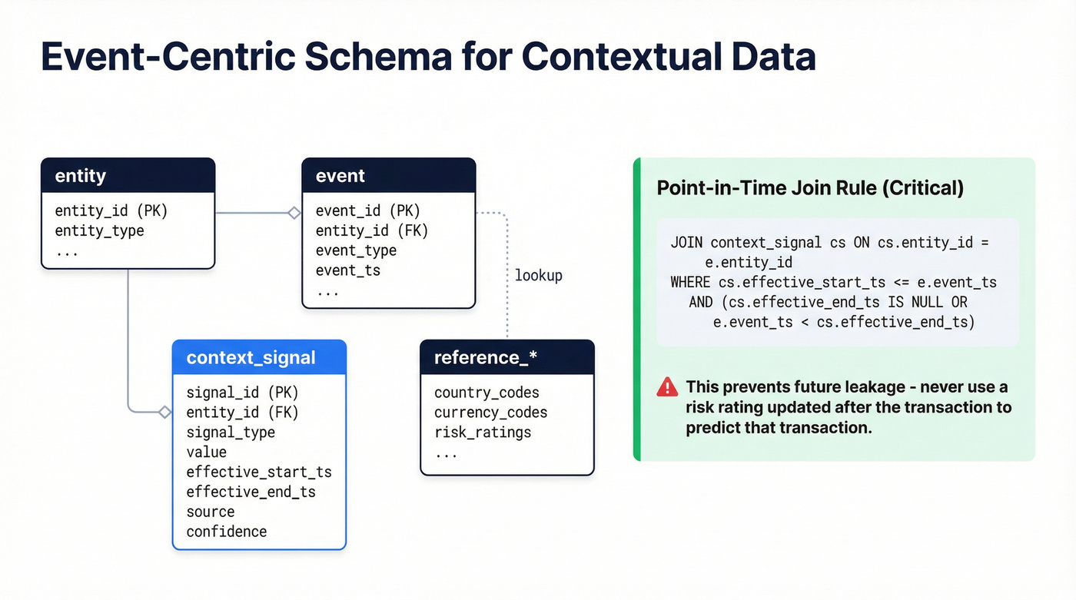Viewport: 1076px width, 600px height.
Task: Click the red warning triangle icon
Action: click(x=666, y=387)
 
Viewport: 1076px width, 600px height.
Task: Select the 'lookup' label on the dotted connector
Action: click(x=538, y=275)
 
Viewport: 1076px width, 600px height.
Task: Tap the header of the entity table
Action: click(x=128, y=176)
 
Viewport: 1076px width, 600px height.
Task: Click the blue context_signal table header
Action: click(x=259, y=358)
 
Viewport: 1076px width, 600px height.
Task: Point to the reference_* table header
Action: click(x=507, y=358)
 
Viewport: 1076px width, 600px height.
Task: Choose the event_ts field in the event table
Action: click(x=348, y=270)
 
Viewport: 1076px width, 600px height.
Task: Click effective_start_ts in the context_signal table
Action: click(x=259, y=472)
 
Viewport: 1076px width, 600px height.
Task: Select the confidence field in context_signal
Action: click(x=227, y=532)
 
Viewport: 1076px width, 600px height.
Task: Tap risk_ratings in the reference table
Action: click(x=483, y=433)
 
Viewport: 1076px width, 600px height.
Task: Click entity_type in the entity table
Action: click(x=99, y=230)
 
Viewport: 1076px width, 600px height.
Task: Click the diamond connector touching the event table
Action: click(x=294, y=213)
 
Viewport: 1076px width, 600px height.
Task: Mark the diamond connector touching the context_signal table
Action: click(x=164, y=413)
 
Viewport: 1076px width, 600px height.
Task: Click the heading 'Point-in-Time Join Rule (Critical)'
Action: click(x=810, y=188)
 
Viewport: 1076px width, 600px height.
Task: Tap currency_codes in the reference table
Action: click(x=490, y=413)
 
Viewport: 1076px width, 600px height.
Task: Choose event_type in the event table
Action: click(x=356, y=250)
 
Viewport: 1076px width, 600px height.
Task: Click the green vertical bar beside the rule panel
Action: click(x=636, y=309)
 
